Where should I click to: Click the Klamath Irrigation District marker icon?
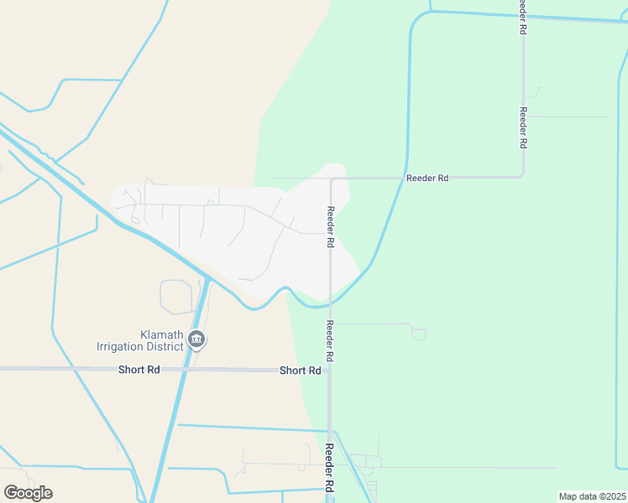click(196, 340)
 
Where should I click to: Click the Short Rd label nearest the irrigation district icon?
click(139, 370)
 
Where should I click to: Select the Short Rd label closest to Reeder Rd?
click(300, 371)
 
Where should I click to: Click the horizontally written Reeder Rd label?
click(427, 178)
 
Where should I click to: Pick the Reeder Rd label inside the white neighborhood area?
click(331, 226)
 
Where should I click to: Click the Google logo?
click(28, 493)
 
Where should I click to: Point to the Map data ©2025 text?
click(591, 496)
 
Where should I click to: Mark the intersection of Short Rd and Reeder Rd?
click(330, 369)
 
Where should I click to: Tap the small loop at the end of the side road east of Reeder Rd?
click(418, 334)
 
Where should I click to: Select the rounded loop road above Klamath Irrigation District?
click(176, 297)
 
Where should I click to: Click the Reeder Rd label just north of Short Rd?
click(331, 341)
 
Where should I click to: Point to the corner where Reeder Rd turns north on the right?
click(522, 176)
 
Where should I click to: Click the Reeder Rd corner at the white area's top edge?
click(332, 179)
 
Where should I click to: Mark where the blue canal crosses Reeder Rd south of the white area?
click(330, 303)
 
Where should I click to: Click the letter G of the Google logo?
click(12, 493)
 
